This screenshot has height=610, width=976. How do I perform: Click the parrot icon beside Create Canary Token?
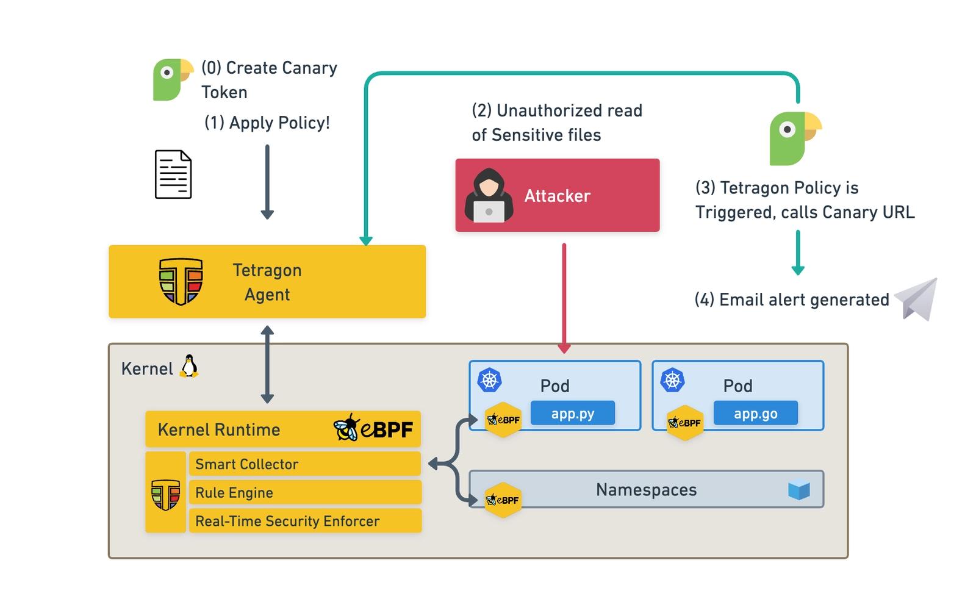(171, 79)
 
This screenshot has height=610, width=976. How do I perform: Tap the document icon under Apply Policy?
(173, 174)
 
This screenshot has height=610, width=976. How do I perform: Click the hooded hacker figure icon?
(489, 196)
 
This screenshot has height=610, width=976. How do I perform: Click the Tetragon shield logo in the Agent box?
(181, 281)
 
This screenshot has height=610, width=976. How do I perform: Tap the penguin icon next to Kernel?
(189, 367)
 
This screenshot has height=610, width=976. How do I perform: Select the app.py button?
(572, 414)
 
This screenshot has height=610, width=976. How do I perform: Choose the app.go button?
(755, 414)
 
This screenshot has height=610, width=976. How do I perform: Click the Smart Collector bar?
(304, 464)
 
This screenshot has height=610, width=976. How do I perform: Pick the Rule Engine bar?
(304, 492)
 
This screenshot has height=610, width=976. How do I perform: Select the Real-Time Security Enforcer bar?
(304, 521)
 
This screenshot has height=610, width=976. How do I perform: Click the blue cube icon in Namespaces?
(798, 490)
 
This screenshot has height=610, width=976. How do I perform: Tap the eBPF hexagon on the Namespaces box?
(503, 500)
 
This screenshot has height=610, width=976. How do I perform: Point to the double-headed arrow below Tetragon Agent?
(267, 364)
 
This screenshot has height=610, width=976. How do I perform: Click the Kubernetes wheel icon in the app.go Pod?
(672, 381)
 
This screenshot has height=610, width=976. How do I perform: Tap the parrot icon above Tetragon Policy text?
(794, 138)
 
